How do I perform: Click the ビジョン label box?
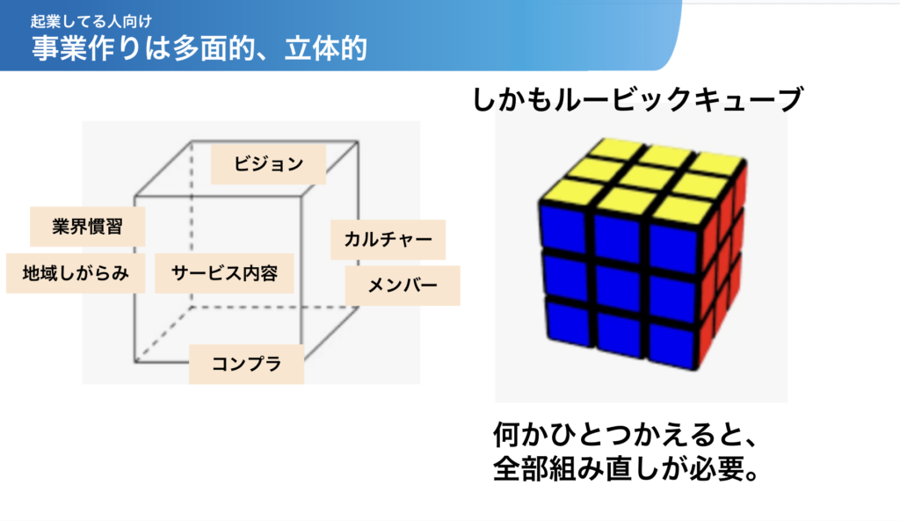coord(269,164)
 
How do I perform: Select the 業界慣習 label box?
coord(87,227)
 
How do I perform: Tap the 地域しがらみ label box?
coord(76,274)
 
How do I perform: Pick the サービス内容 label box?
coord(224,274)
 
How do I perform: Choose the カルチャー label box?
coord(388,239)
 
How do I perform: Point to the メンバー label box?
coord(403,286)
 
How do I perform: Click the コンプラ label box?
coord(247,364)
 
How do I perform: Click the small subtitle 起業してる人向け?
coord(91,22)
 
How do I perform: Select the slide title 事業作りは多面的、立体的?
coord(200,48)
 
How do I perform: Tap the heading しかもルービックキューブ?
coord(637,99)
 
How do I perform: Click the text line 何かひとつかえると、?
coord(626,435)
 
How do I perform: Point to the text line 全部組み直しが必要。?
coord(627,469)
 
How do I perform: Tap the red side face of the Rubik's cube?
coord(722,264)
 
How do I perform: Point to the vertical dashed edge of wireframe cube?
coord(191,224)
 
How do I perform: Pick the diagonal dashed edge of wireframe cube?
coord(163,335)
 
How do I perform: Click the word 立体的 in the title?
coord(326,48)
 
